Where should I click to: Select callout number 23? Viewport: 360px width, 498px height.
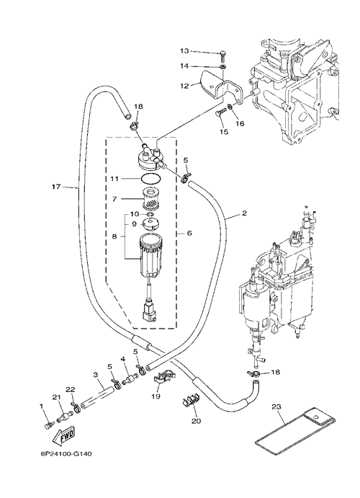276,406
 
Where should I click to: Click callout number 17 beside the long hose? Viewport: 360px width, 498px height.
56,187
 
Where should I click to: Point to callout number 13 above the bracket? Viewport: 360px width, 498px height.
184,51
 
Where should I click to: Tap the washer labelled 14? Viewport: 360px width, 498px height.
223,67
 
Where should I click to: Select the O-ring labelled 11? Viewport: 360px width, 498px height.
150,179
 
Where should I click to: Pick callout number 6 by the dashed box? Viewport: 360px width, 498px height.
189,233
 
